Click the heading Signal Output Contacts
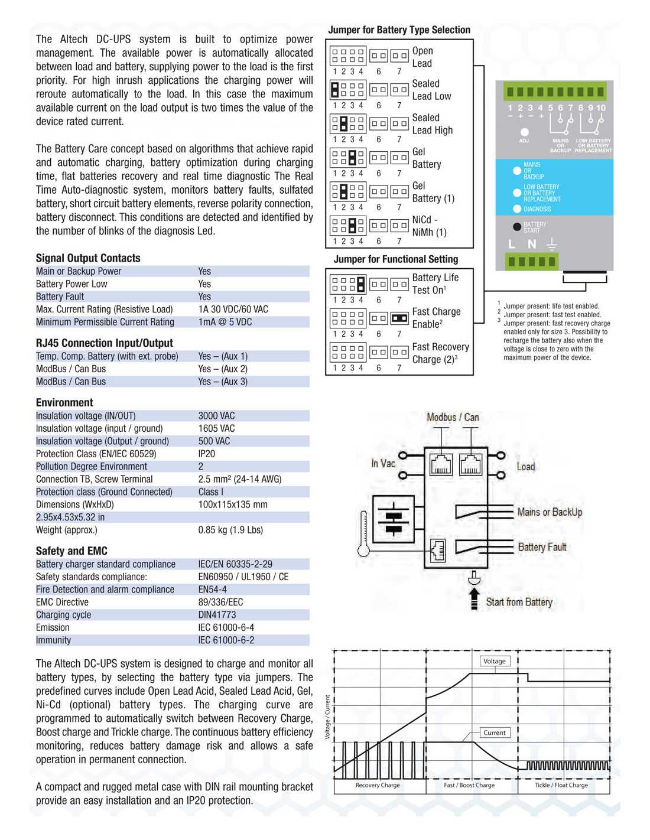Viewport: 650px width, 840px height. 88,258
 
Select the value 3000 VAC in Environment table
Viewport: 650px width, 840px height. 216,416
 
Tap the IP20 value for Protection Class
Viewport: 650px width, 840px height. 207,454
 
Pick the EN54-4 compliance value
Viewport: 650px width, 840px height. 213,590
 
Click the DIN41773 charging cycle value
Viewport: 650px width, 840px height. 217,615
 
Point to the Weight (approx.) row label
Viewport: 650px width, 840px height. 66,530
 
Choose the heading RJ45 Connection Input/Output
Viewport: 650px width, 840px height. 104,343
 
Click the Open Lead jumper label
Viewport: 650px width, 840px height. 422,57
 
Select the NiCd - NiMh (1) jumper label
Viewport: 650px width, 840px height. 429,226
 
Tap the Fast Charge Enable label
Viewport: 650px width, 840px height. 436,318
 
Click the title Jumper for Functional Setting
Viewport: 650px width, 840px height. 395,259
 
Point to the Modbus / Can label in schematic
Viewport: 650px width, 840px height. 453,418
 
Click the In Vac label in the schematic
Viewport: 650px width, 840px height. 383,464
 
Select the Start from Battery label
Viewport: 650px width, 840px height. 519,602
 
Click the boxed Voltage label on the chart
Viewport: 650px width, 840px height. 494,661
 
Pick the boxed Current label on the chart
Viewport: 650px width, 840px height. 494,732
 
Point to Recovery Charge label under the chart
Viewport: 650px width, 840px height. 378,785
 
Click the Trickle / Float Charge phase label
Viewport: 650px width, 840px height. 561,785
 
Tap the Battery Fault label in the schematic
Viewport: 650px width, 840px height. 542,547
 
